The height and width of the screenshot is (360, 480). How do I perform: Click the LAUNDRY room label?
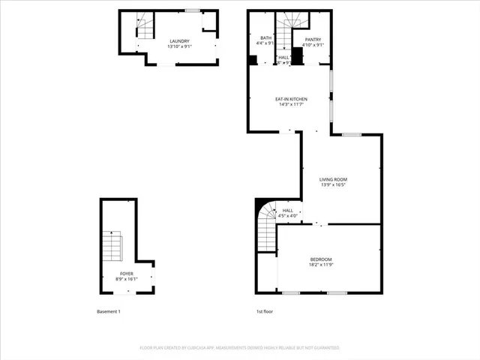179,41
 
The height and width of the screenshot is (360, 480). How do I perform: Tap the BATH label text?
265,38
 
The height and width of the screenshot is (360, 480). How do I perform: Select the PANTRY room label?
313,40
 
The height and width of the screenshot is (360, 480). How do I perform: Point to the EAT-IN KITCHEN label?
290,99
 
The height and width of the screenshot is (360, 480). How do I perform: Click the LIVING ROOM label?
333,179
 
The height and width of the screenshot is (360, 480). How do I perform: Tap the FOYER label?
127,274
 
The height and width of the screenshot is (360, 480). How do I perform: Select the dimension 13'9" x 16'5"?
333,185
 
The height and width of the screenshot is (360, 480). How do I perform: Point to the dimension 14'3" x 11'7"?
290,105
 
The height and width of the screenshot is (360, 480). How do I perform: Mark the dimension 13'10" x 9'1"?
179,47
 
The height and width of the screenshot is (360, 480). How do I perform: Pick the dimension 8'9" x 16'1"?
127,280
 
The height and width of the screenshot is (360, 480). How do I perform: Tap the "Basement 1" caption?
108,311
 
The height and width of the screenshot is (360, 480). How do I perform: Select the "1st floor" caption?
265,311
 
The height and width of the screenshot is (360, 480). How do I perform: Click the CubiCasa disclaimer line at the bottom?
240,348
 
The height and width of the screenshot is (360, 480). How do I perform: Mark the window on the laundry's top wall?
193,10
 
